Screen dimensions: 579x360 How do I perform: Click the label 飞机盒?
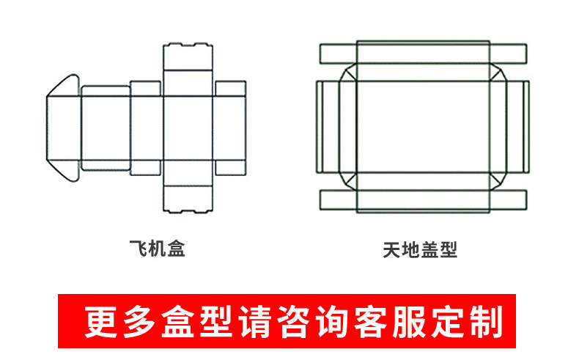157,249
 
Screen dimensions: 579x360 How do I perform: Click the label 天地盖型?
420,250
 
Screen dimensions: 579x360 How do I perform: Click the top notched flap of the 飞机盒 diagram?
188,57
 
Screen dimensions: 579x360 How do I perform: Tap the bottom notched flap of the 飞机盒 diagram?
188,200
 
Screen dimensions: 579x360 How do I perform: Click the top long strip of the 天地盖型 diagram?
424,53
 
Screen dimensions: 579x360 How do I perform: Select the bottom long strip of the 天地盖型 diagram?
424,200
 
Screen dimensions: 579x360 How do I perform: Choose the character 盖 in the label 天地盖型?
429,250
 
